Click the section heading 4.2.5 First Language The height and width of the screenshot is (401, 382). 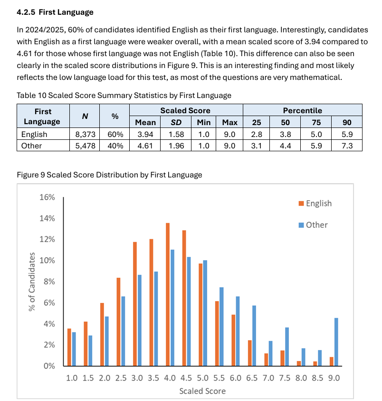(x=55, y=12)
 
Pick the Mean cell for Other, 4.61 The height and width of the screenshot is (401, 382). (x=145, y=146)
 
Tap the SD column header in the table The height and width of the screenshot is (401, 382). (x=176, y=122)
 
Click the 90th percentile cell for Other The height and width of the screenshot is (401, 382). (x=347, y=146)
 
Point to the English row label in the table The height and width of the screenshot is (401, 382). (x=34, y=135)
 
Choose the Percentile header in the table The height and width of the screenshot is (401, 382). (x=303, y=110)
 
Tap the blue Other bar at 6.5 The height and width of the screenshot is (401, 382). (x=254, y=335)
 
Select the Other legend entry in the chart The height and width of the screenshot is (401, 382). (x=313, y=225)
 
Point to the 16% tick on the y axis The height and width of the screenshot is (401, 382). (x=48, y=197)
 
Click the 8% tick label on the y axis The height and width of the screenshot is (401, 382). (x=49, y=282)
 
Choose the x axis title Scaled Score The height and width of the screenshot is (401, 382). (x=202, y=391)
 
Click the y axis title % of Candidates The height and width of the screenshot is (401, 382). (x=32, y=282)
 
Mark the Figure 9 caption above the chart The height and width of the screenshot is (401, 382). (x=109, y=175)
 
